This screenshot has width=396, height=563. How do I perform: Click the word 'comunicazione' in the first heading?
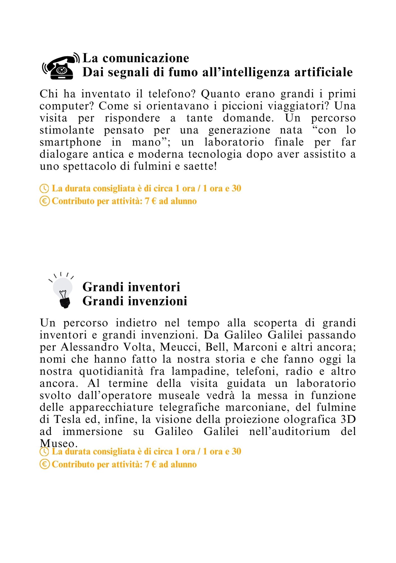point(146,58)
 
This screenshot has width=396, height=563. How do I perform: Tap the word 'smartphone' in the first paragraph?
point(70,142)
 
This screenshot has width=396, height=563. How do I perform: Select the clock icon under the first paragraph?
point(44,188)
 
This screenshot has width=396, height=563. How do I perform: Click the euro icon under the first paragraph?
point(44,201)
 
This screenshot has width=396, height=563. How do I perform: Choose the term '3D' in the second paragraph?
point(348,419)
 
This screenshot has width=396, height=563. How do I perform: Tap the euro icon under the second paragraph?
point(44,464)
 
